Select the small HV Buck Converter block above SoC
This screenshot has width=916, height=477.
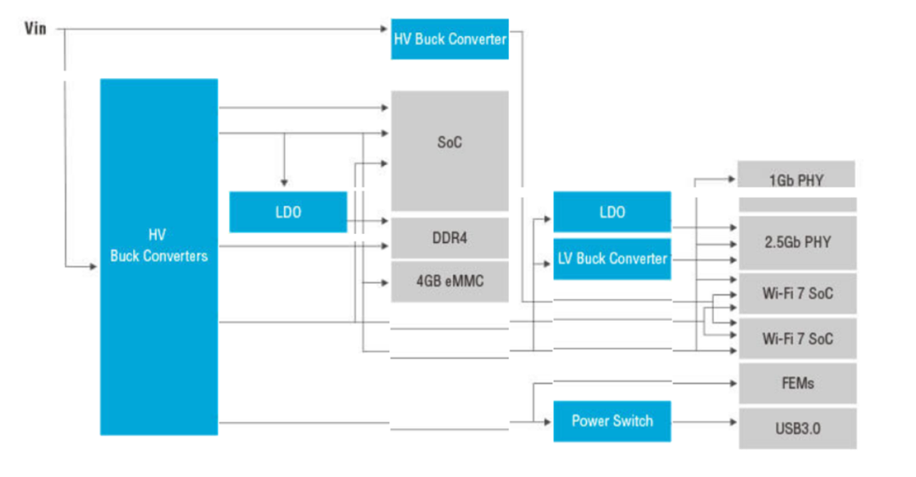coord(450,39)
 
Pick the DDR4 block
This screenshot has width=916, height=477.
coord(450,238)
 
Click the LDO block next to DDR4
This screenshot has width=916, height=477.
coord(288,212)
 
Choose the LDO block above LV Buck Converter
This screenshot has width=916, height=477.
coord(612,212)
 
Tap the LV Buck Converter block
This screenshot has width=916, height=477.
coord(612,258)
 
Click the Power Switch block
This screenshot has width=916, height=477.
coord(612,421)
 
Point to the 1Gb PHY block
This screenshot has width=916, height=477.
coord(796,180)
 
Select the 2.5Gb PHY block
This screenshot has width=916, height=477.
coord(796,242)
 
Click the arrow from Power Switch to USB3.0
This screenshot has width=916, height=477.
coord(704,421)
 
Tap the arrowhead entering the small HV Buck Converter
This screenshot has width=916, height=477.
coord(385,31)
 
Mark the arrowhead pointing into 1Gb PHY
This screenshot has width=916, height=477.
coord(732,180)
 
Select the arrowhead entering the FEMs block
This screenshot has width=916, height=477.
coord(734,383)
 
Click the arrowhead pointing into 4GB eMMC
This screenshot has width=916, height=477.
coord(385,282)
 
